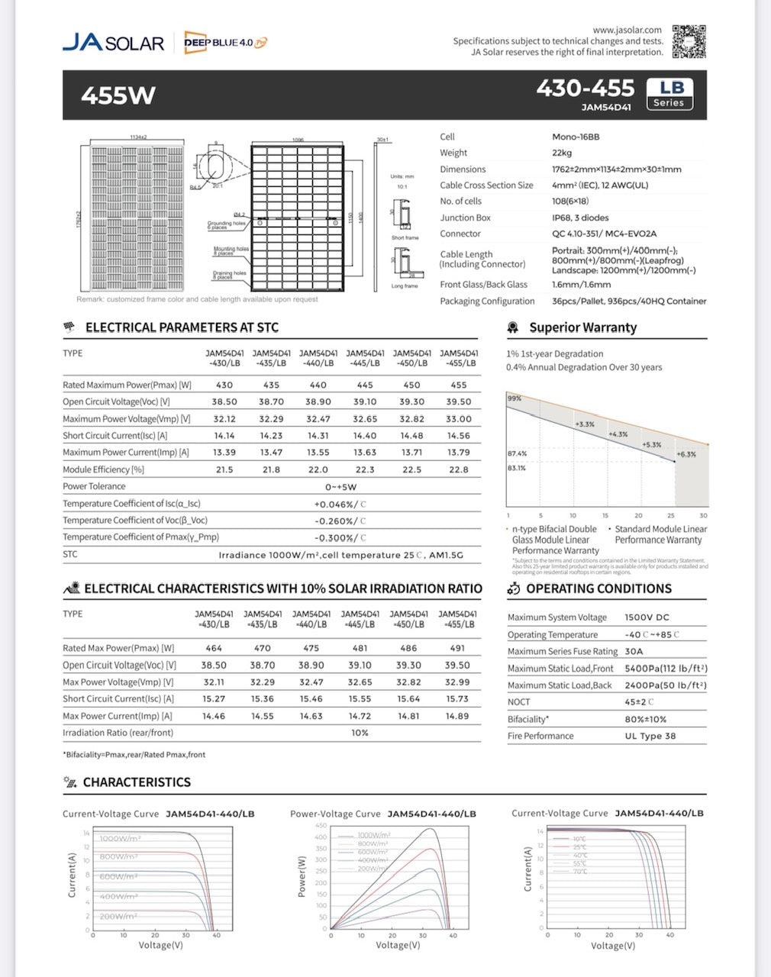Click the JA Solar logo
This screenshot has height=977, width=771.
pyautogui.click(x=113, y=43)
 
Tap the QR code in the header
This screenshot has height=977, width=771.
pyautogui.click(x=688, y=41)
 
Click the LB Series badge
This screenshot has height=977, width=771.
pyautogui.click(x=669, y=95)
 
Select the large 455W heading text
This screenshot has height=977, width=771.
pyautogui.click(x=118, y=95)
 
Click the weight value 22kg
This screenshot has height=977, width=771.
pyautogui.click(x=562, y=153)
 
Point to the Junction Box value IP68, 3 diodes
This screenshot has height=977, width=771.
pyautogui.click(x=580, y=218)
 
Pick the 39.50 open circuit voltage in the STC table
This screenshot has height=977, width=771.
pyautogui.click(x=458, y=401)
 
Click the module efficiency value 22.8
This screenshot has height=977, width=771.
pyautogui.click(x=458, y=469)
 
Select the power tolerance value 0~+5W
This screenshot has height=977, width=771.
pyautogui.click(x=340, y=486)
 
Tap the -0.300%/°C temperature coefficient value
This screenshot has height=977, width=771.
pyautogui.click(x=340, y=537)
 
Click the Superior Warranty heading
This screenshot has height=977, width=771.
pyautogui.click(x=582, y=327)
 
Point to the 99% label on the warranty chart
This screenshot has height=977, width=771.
pyautogui.click(x=515, y=398)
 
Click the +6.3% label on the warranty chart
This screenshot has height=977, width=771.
pyautogui.click(x=686, y=454)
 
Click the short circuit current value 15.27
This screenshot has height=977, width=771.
pyautogui.click(x=213, y=698)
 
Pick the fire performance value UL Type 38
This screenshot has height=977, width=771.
pyautogui.click(x=650, y=736)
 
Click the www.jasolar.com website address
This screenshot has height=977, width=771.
pyautogui.click(x=627, y=30)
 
